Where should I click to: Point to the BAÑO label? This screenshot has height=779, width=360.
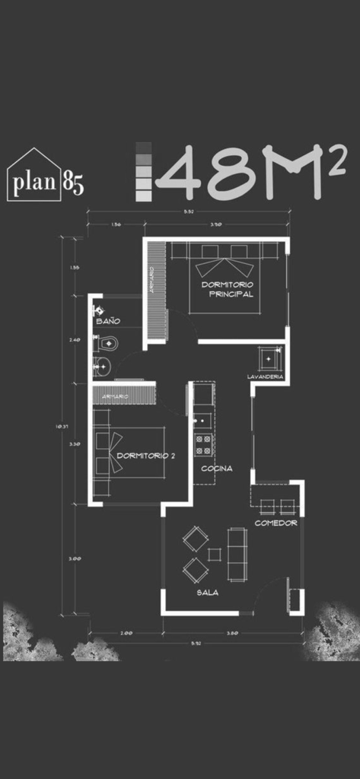tap(107, 322)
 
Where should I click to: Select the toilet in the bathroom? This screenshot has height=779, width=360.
tap(105, 343)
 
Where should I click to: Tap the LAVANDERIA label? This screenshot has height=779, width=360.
tap(266, 377)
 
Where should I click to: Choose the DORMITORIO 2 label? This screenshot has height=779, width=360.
tap(146, 456)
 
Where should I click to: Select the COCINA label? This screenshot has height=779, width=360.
tap(217, 469)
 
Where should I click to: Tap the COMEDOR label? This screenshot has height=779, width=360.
tap(276, 523)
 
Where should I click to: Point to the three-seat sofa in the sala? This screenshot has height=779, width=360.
tap(237, 553)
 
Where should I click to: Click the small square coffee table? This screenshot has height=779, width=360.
tap(215, 554)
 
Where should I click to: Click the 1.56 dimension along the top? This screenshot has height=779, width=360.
tap(116, 224)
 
